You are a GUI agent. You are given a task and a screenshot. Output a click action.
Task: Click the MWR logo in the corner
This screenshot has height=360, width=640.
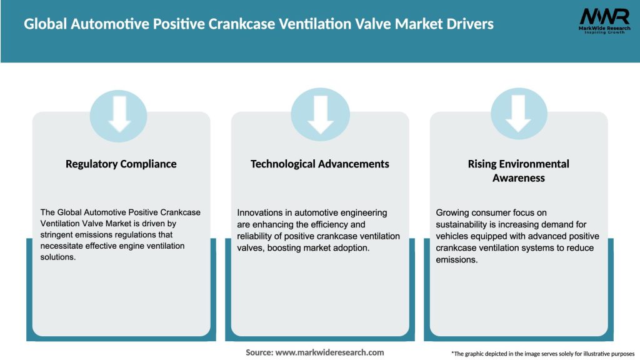pyautogui.click(x=604, y=22)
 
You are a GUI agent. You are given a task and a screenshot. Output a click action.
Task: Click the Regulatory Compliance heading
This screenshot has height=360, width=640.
pyautogui.click(x=121, y=164)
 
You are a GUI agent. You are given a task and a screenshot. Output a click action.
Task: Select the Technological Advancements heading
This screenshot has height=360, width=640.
pyautogui.click(x=319, y=164)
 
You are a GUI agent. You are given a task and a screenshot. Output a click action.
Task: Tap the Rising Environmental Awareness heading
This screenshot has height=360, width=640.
pyautogui.click(x=518, y=171)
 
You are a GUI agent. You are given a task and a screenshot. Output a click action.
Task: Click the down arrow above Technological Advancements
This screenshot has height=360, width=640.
pyautogui.click(x=320, y=114)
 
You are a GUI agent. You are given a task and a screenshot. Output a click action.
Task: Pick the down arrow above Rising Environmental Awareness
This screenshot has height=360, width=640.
pyautogui.click(x=519, y=114)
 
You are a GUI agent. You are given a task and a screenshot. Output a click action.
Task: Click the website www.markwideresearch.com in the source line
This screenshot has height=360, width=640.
pyautogui.click(x=329, y=352)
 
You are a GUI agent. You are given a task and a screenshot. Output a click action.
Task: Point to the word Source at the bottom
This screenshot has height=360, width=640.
pyautogui.click(x=259, y=352)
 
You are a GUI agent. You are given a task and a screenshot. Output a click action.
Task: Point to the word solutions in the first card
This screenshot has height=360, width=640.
pyautogui.click(x=58, y=257)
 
